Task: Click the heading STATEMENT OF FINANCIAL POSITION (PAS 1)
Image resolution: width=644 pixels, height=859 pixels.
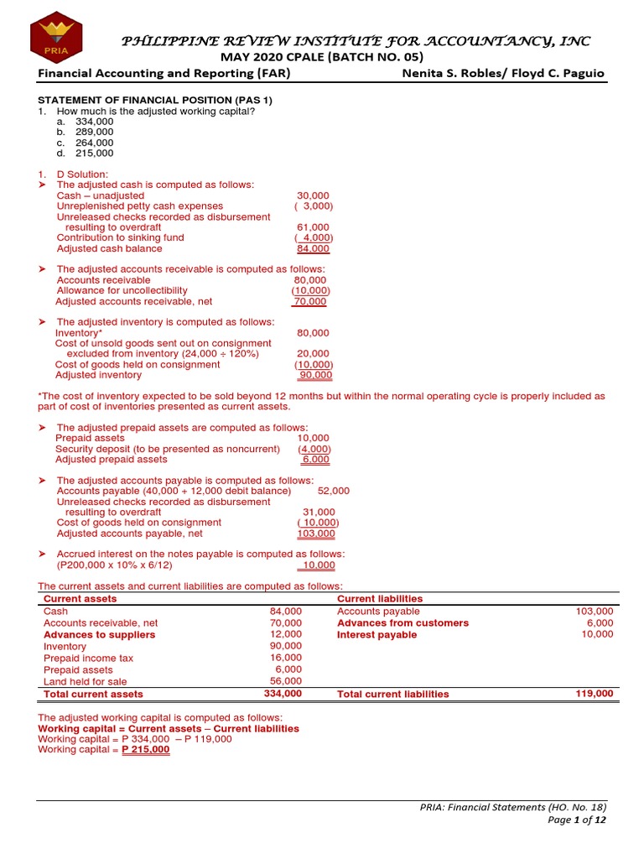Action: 155,101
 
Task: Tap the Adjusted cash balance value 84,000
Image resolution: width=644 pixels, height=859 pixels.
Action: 314,248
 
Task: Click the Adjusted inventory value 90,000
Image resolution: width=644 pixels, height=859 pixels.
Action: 314,375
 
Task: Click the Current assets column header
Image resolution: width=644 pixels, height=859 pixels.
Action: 80,599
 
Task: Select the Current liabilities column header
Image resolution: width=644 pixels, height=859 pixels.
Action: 380,599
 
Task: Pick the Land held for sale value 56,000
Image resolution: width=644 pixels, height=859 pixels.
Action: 285,681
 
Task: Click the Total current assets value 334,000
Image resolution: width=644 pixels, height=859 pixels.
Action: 283,694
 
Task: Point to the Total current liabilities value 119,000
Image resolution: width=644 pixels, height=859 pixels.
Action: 595,694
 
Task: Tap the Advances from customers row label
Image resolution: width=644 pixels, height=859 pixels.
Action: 402,623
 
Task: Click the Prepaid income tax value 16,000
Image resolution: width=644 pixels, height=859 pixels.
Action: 285,659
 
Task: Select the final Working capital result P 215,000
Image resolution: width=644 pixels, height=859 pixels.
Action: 146,750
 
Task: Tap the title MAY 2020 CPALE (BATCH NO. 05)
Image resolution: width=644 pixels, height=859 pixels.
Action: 321,57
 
